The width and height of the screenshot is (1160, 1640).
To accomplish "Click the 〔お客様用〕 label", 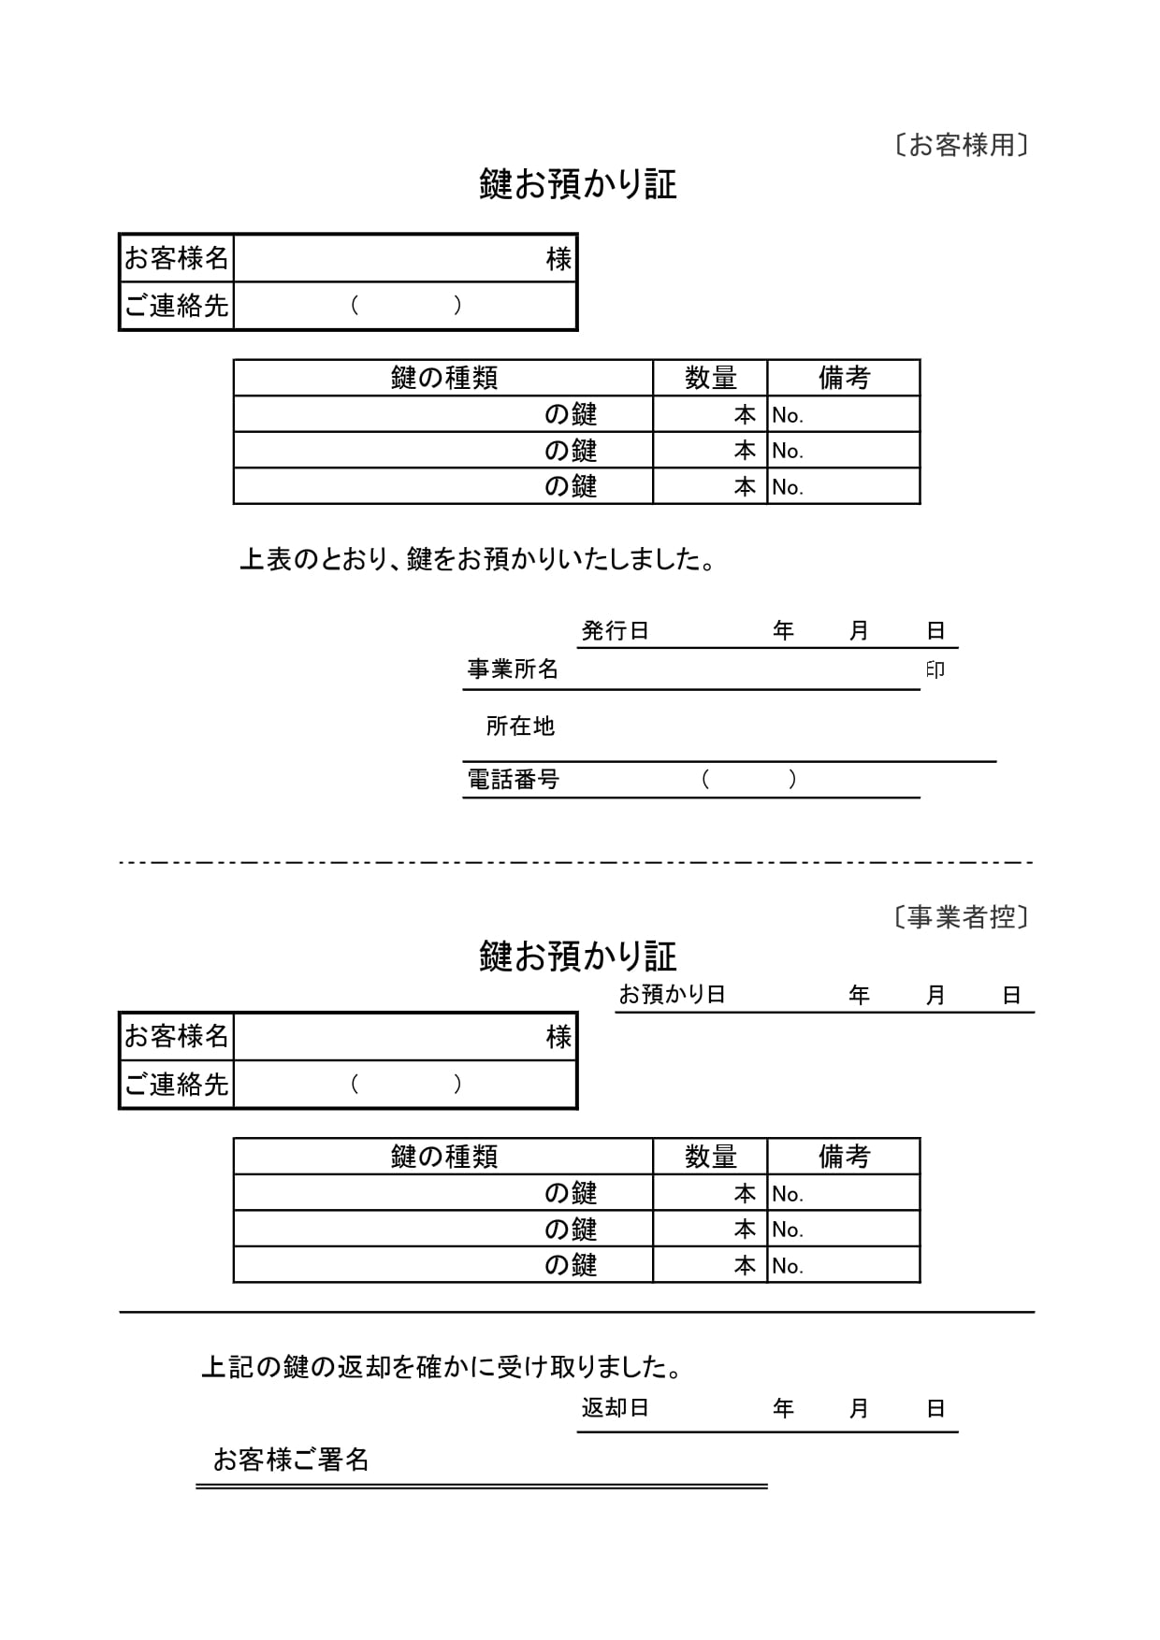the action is point(961,145).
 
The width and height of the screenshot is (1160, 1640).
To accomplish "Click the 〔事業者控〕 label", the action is point(961,917).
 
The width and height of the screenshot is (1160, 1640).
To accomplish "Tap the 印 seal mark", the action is point(935,669).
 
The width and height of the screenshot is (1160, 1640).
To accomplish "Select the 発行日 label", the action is point(615,631).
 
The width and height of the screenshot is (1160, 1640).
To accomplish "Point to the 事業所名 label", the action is point(513,669).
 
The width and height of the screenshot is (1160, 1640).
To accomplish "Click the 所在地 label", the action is point(520,726).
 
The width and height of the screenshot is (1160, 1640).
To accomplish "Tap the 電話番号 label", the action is point(513,780).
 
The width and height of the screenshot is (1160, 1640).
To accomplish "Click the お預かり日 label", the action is point(672,995).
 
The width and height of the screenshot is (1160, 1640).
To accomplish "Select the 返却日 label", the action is point(615,1408).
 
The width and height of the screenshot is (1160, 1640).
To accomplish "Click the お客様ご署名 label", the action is point(291,1460).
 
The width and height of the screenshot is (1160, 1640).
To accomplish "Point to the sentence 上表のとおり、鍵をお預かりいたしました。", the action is point(478,560).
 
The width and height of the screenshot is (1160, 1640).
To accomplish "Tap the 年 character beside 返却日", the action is point(783,1408).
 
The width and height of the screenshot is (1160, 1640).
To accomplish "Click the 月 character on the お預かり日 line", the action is point(935,996).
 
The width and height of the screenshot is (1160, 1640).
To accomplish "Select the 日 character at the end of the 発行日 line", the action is point(935,631).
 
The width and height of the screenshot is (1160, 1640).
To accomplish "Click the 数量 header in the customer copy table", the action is point(710,378).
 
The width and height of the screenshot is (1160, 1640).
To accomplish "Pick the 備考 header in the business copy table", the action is point(844,1157).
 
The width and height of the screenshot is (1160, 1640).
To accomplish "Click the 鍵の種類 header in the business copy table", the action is point(443,1157).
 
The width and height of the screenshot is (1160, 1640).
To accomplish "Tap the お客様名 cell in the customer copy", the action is point(177,258).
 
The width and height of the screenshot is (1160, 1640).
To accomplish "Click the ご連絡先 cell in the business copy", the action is point(177,1085).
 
